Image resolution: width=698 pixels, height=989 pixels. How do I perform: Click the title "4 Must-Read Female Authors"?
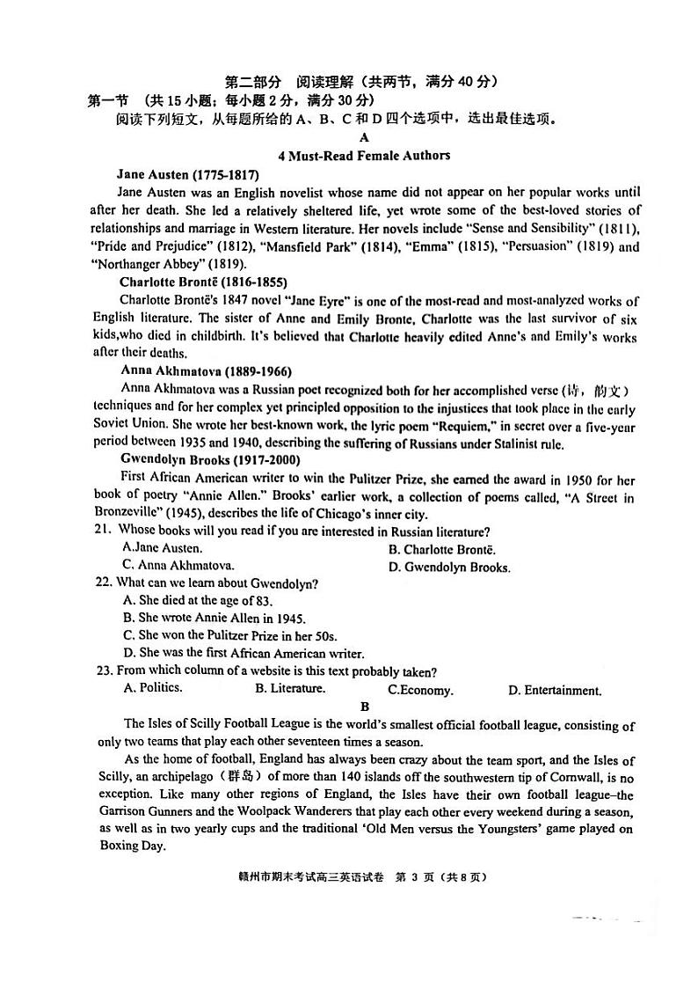(x=364, y=156)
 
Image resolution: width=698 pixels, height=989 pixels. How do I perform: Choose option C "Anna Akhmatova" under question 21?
(x=178, y=565)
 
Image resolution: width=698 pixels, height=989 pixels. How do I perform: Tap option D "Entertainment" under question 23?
(x=555, y=690)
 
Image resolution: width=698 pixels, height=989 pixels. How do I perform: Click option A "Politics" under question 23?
(x=154, y=687)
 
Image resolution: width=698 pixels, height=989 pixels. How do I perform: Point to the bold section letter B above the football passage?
(x=365, y=707)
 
